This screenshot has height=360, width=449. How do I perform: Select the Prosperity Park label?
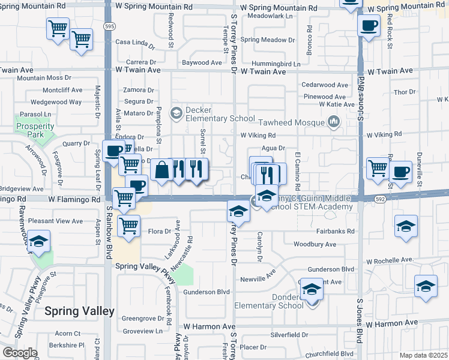click(35, 130)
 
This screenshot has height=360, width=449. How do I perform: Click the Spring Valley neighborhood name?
click(79, 311)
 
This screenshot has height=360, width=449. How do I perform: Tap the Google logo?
click(19, 353)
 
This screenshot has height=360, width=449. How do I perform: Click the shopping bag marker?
click(161, 170)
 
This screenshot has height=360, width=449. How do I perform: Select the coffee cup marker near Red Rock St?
click(369, 26)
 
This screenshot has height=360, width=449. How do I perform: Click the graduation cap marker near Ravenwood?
click(40, 242)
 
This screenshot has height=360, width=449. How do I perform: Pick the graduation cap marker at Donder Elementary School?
click(312, 290)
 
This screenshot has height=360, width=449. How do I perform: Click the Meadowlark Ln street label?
click(268, 16)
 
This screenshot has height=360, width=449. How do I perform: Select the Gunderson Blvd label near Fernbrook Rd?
click(207, 292)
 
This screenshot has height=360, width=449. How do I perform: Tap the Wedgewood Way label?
click(56, 102)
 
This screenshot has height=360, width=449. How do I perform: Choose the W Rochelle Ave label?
click(390, 260)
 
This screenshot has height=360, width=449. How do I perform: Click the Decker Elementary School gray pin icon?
click(176, 112)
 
